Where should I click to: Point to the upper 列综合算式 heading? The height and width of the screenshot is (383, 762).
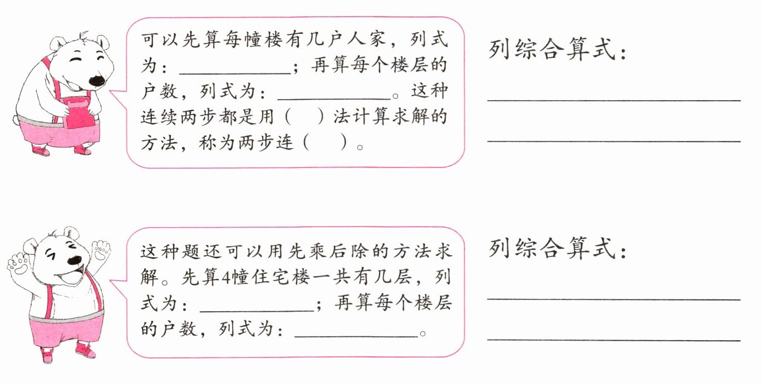tap(559, 50)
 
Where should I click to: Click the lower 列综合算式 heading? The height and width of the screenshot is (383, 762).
tap(559, 249)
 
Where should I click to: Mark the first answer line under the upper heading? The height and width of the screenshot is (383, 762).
tap(613, 99)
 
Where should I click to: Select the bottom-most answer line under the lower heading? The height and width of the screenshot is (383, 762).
tap(613, 338)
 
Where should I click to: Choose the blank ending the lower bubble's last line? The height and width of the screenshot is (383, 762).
tap(356, 332)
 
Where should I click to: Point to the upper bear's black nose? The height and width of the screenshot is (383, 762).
tap(97, 80)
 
